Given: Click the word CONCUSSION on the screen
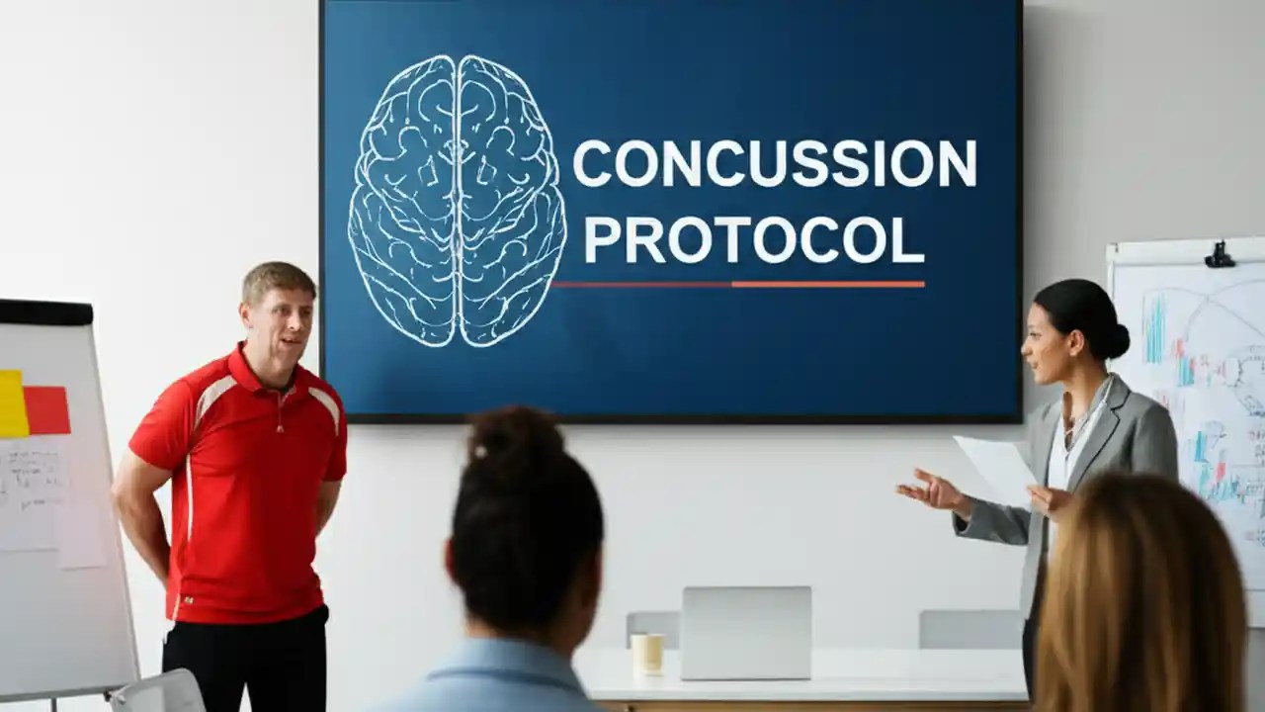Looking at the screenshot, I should pyautogui.click(x=774, y=163).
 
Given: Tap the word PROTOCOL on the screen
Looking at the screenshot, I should pyautogui.click(x=753, y=239).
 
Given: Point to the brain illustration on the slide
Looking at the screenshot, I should pyautogui.click(x=457, y=200).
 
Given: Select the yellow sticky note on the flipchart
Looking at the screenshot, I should pyautogui.click(x=12, y=403).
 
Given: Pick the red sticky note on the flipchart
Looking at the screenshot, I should pyautogui.click(x=46, y=410).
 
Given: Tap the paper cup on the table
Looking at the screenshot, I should pyautogui.click(x=647, y=654).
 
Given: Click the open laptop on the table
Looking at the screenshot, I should pyautogui.click(x=745, y=633).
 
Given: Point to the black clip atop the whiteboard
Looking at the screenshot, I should pyautogui.click(x=1220, y=255).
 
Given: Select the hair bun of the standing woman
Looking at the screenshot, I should pyautogui.click(x=1117, y=340).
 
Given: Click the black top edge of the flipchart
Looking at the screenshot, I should pyautogui.click(x=44, y=312).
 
